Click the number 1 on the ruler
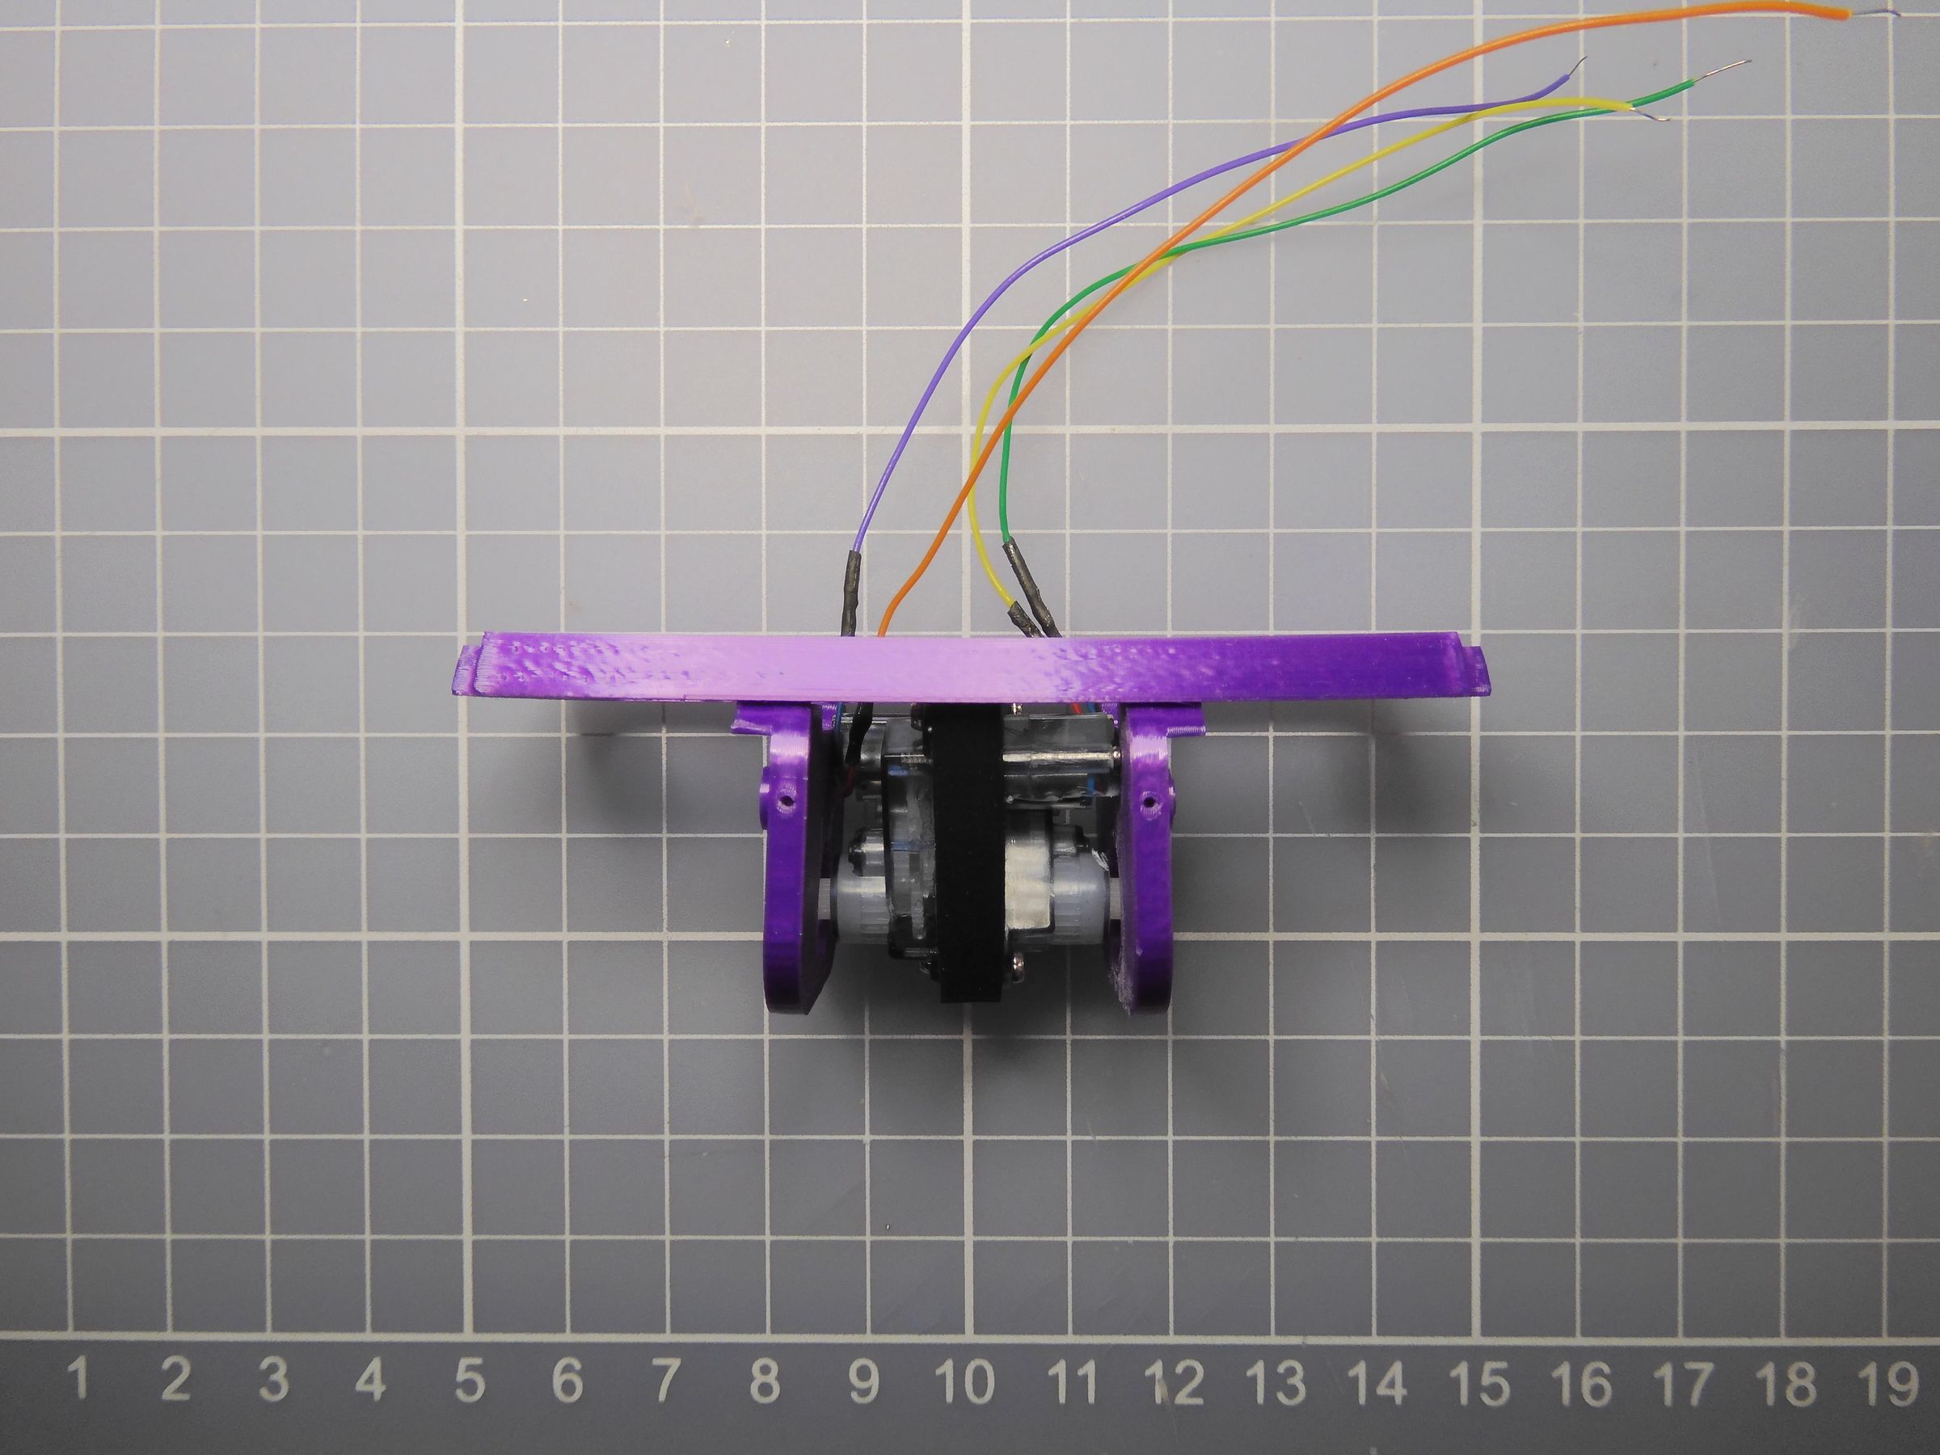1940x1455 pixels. pyautogui.click(x=80, y=1380)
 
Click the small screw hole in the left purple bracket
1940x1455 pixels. pyautogui.click(x=786, y=801)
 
